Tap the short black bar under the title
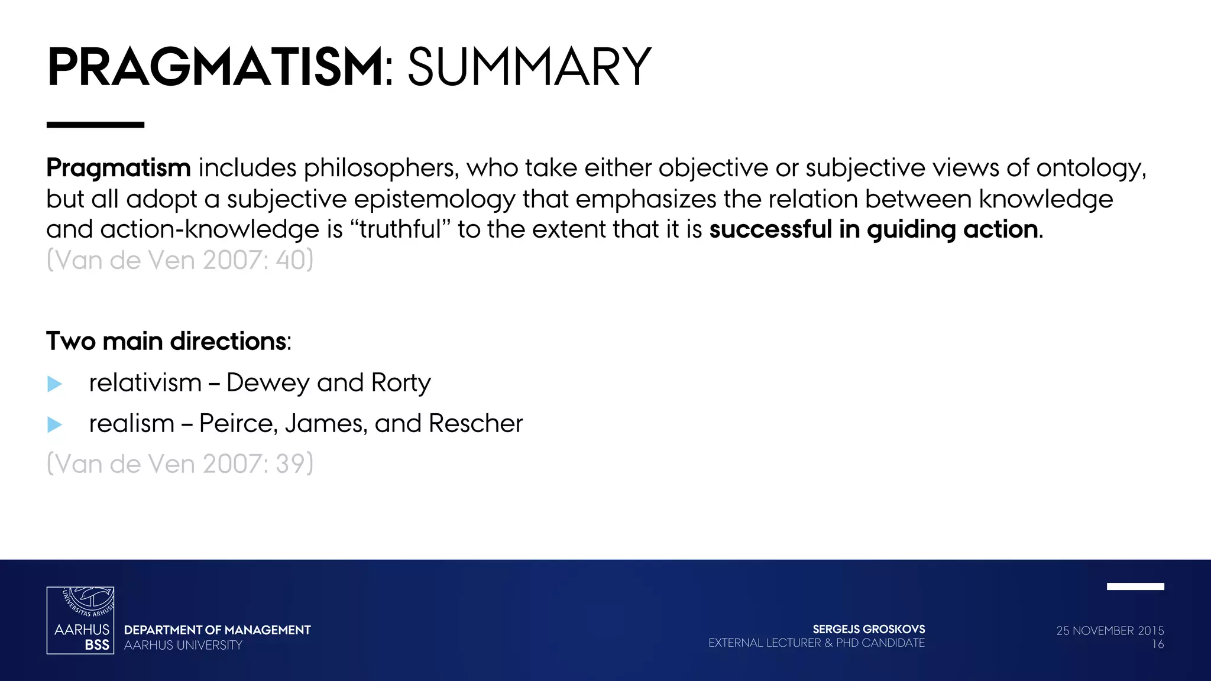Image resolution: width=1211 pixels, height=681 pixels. (95, 125)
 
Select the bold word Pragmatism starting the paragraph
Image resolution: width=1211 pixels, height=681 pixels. (118, 168)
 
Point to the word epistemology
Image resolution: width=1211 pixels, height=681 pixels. (435, 200)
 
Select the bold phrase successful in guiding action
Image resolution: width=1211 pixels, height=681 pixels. (873, 229)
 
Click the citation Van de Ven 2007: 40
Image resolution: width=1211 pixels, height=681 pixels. (180, 260)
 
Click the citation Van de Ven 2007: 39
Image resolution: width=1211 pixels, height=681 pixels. (180, 464)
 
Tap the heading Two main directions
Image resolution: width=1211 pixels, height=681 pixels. (167, 342)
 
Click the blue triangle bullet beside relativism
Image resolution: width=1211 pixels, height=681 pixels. (54, 384)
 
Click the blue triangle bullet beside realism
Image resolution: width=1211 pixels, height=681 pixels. (54, 424)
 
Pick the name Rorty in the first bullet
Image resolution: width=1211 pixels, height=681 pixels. (401, 383)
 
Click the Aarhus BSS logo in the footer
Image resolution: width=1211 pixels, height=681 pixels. (80, 620)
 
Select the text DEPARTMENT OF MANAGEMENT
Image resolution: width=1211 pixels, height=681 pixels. (217, 630)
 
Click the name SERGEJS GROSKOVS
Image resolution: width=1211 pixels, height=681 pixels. (869, 630)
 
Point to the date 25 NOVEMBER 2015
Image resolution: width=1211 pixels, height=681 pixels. (1110, 631)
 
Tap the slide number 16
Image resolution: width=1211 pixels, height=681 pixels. (1157, 644)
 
